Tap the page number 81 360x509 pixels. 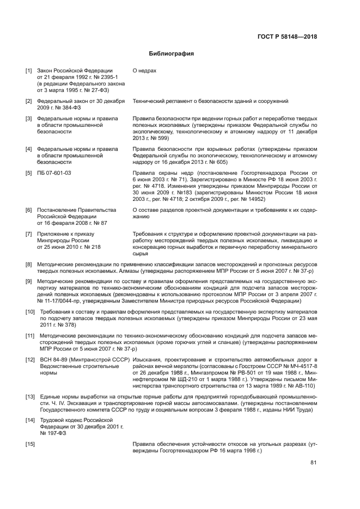pyautogui.click(x=313, y=463)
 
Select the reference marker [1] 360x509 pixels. pyautogui.click(x=29, y=71)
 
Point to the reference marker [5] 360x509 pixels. pyautogui.click(x=29, y=173)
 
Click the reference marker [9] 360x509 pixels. pyautogui.click(x=29, y=281)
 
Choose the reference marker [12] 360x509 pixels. pyautogui.click(x=30, y=360)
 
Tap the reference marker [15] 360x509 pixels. pyautogui.click(x=30, y=445)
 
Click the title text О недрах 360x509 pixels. pyautogui.click(x=144, y=71)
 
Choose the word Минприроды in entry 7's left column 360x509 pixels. pyautogui.click(x=52, y=241)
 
